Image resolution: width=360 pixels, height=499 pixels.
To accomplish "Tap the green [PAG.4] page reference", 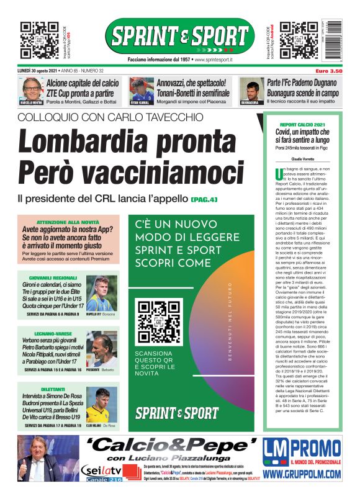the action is (204, 199).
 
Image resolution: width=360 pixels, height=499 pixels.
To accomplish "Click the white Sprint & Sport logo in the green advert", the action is (176, 413).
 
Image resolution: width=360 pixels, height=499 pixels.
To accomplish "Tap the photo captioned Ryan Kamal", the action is (141, 89).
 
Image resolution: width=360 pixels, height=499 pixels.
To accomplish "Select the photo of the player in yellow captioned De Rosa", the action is (102, 405).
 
